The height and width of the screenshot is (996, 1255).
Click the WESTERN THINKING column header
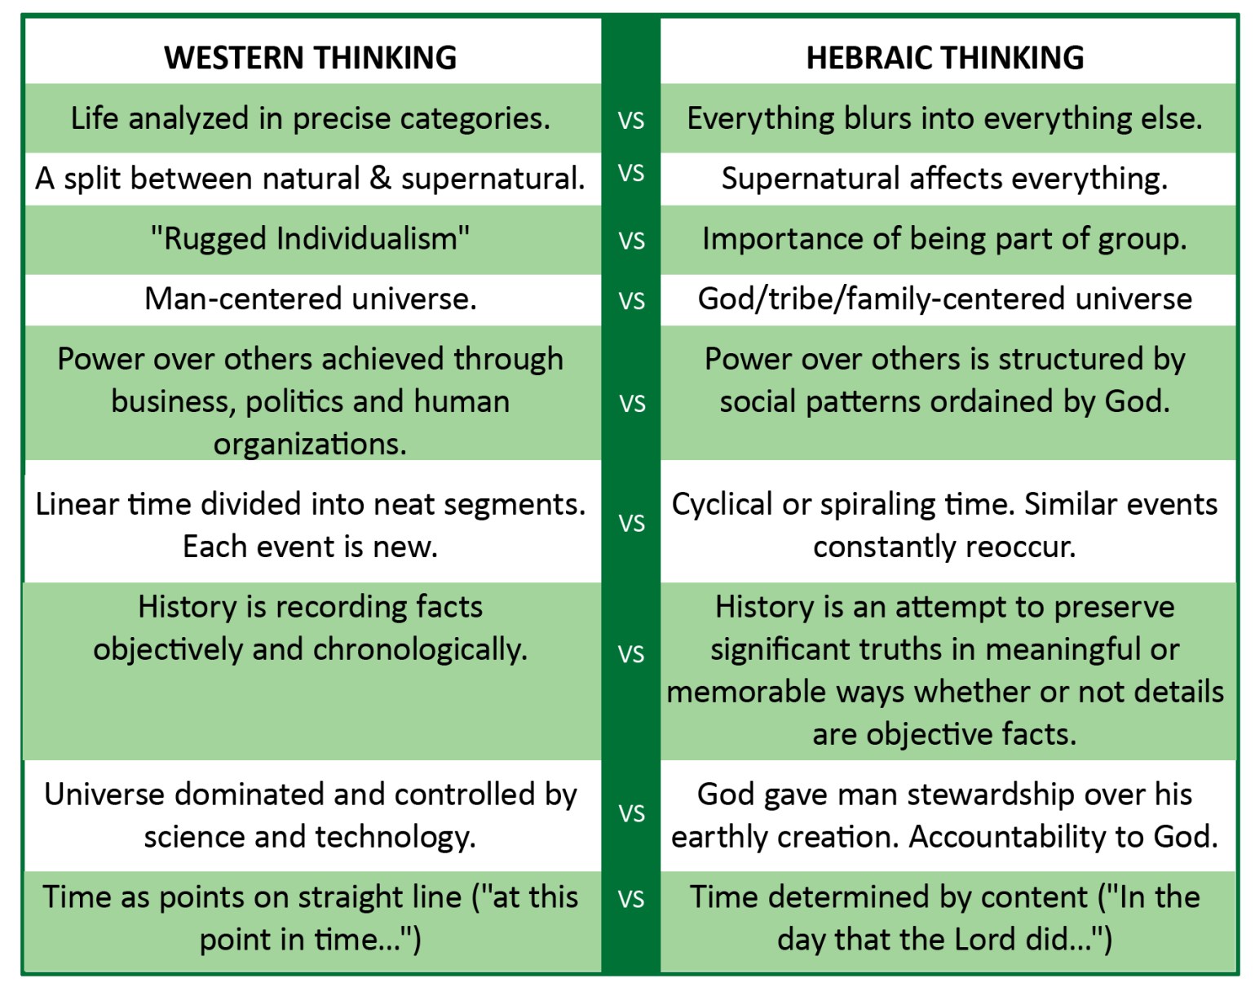coord(310,58)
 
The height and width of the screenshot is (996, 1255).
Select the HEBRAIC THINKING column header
coord(944,58)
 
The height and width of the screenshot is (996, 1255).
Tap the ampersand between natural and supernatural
coord(380,179)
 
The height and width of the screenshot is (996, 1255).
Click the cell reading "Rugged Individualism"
coord(310,239)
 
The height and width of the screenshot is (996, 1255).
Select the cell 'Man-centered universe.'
coord(310,299)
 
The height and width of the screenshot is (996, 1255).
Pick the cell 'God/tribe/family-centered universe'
coord(944,299)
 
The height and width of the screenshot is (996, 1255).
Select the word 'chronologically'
coord(419,649)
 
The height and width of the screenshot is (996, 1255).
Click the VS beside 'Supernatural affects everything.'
coord(631,174)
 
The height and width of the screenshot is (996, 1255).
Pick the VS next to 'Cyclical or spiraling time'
coord(631,523)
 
